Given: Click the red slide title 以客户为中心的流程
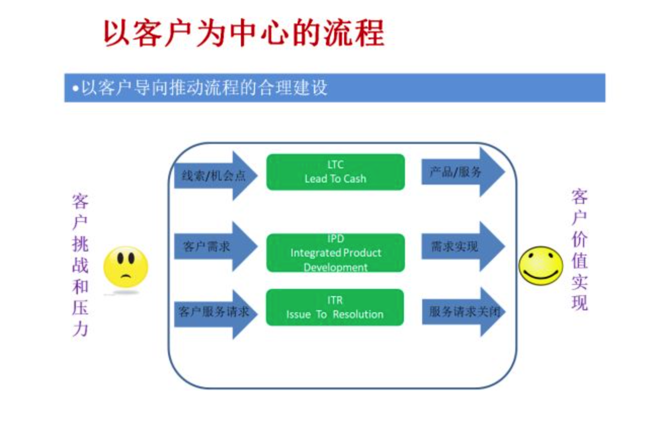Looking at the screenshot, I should (x=243, y=33).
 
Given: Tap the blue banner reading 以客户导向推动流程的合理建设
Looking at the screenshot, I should (x=334, y=88).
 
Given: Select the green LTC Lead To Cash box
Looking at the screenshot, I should (x=335, y=172).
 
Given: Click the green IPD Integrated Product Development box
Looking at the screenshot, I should (x=335, y=253).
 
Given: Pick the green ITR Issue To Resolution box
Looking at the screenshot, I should (x=335, y=307).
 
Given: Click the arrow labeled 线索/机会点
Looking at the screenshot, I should (x=215, y=176).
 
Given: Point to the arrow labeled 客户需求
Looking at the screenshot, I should (x=215, y=247).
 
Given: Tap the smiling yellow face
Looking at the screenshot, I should (x=541, y=265).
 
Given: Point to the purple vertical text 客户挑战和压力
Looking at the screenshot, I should (x=80, y=265).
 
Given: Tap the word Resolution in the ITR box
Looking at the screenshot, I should (x=358, y=314).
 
